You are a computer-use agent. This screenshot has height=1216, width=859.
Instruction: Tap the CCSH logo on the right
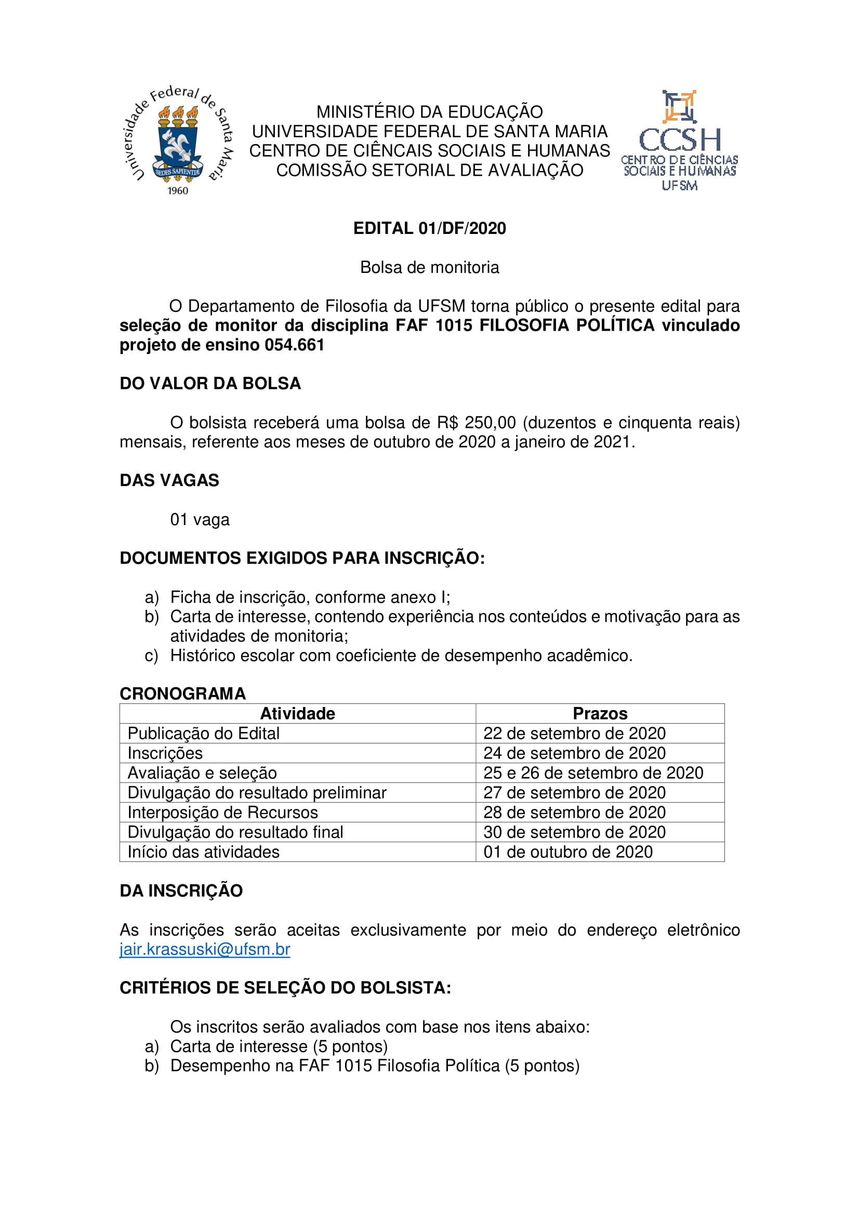[x=680, y=140]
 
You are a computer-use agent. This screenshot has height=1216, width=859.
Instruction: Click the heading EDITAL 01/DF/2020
[x=429, y=228]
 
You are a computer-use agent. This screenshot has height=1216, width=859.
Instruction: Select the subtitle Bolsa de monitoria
[x=429, y=267]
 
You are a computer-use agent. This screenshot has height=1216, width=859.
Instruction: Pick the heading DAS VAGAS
[x=169, y=480]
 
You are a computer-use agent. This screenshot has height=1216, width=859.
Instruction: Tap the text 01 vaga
[x=200, y=519]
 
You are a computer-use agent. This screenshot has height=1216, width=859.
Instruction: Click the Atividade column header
[x=297, y=713]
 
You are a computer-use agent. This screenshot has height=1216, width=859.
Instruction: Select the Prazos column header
[x=600, y=713]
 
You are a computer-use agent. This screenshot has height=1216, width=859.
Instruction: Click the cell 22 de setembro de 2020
[x=574, y=733]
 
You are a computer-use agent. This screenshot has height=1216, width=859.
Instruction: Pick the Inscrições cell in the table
[x=165, y=753]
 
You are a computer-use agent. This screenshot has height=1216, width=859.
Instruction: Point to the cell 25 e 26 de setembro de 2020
[x=593, y=773]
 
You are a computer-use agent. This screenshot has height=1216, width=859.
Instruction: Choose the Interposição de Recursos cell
[x=222, y=813]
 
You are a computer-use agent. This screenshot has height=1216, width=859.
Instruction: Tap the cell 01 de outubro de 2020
[x=568, y=852]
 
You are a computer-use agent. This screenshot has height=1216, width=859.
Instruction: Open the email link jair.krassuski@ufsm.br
[x=205, y=949]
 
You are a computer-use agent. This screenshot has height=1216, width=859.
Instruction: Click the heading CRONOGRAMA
[x=182, y=694]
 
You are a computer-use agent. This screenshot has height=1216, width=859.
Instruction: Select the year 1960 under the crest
[x=178, y=191]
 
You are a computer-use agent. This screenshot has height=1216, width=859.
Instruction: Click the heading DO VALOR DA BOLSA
[x=210, y=384]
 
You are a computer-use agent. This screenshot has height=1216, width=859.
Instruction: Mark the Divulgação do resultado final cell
[x=235, y=832]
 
